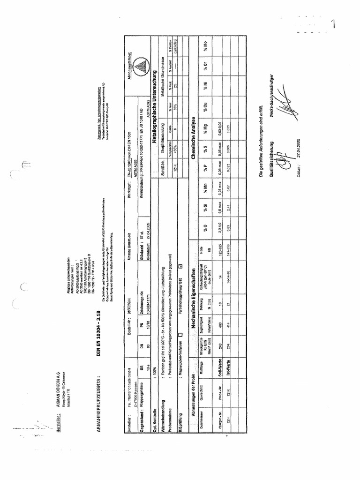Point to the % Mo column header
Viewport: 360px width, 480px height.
coord(205,47)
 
